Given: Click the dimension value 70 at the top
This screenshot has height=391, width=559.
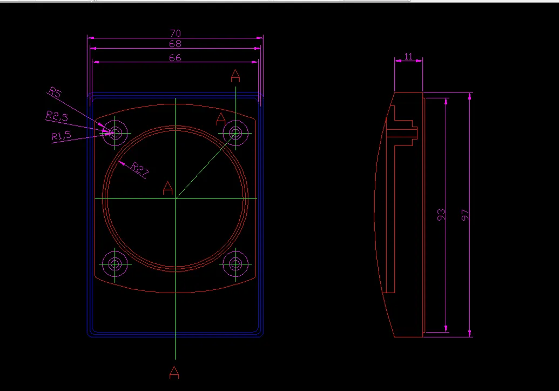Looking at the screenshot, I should [175, 34].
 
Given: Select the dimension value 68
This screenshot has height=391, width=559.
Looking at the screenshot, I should [175, 44].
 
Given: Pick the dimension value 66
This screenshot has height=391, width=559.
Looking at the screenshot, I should [175, 58].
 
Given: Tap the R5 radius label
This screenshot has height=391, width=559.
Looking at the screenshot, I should [55, 92].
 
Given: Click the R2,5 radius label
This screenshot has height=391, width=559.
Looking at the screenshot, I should [57, 115].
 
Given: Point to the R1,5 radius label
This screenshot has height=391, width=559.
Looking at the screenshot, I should [61, 136].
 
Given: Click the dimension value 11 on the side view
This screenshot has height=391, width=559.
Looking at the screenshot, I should [408, 56].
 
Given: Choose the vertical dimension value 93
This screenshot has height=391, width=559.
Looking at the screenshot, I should [441, 215].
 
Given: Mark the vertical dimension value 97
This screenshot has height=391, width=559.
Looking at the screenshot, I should [465, 215].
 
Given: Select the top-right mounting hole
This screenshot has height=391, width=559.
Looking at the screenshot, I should [235, 132].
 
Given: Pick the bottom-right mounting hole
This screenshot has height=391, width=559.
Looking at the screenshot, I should [235, 264].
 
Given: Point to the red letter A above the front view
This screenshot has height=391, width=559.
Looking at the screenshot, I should [235, 76].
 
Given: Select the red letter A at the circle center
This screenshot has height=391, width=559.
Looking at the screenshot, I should [167, 188].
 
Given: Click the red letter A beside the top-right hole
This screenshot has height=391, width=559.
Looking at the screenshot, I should [220, 118].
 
